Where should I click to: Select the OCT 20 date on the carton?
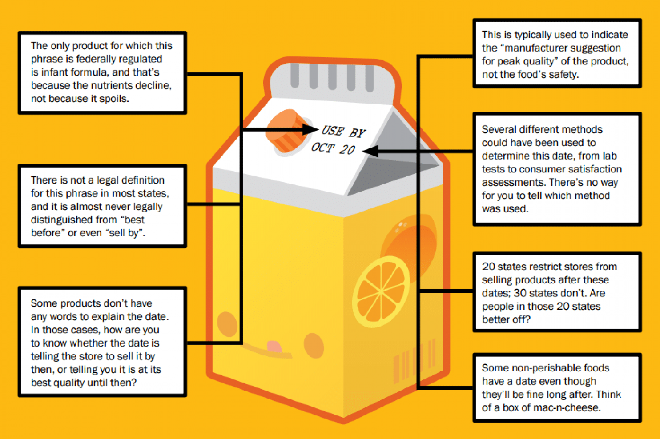pyautogui.click(x=333, y=148)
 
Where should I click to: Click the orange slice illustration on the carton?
pyautogui.click(x=381, y=291)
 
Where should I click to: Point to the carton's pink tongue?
pyautogui.click(x=274, y=347)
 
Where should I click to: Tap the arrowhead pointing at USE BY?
pyautogui.click(x=310, y=129)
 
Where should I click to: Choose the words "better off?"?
pyautogui.click(x=506, y=319)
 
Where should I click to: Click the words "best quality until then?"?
pyautogui.click(x=84, y=383)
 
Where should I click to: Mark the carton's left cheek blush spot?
pyautogui.click(x=227, y=323)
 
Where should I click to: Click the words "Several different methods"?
pyautogui.click(x=542, y=129)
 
